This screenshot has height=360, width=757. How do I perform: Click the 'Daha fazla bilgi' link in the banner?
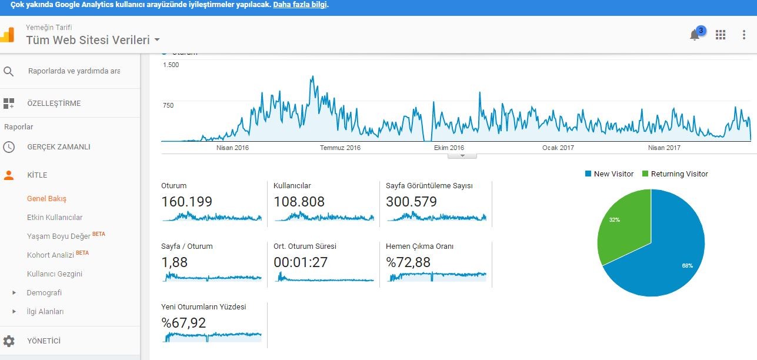pos(300,5)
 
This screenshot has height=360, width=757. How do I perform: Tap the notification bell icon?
pos(695,35)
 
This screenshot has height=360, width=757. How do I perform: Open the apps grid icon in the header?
pos(720,35)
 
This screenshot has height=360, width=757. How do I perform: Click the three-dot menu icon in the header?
pos(744,35)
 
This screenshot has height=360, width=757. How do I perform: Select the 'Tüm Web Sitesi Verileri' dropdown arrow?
pos(157,40)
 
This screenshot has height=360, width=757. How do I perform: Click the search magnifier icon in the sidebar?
pos(9,71)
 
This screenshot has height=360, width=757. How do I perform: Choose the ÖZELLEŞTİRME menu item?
pos(54,103)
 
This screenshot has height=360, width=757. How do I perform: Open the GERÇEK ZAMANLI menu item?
pos(59,146)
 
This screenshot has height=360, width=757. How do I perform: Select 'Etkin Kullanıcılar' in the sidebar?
pos(55,217)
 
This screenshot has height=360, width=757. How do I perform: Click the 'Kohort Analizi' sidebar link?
pos(51,255)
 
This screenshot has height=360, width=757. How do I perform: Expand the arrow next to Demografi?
pos(14,292)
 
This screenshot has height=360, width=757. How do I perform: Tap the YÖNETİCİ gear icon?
pos(9,341)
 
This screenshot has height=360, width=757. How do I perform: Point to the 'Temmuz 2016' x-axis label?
pos(341,148)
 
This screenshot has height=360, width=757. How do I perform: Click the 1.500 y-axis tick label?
pos(171,65)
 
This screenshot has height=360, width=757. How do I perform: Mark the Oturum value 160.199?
pos(186,202)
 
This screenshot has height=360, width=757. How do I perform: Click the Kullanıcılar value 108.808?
pos(299,202)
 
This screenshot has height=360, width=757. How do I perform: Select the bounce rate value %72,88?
pos(408,262)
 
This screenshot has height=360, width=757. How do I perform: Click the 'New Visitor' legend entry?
pos(609,174)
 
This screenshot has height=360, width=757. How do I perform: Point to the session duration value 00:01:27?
pos(301,262)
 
